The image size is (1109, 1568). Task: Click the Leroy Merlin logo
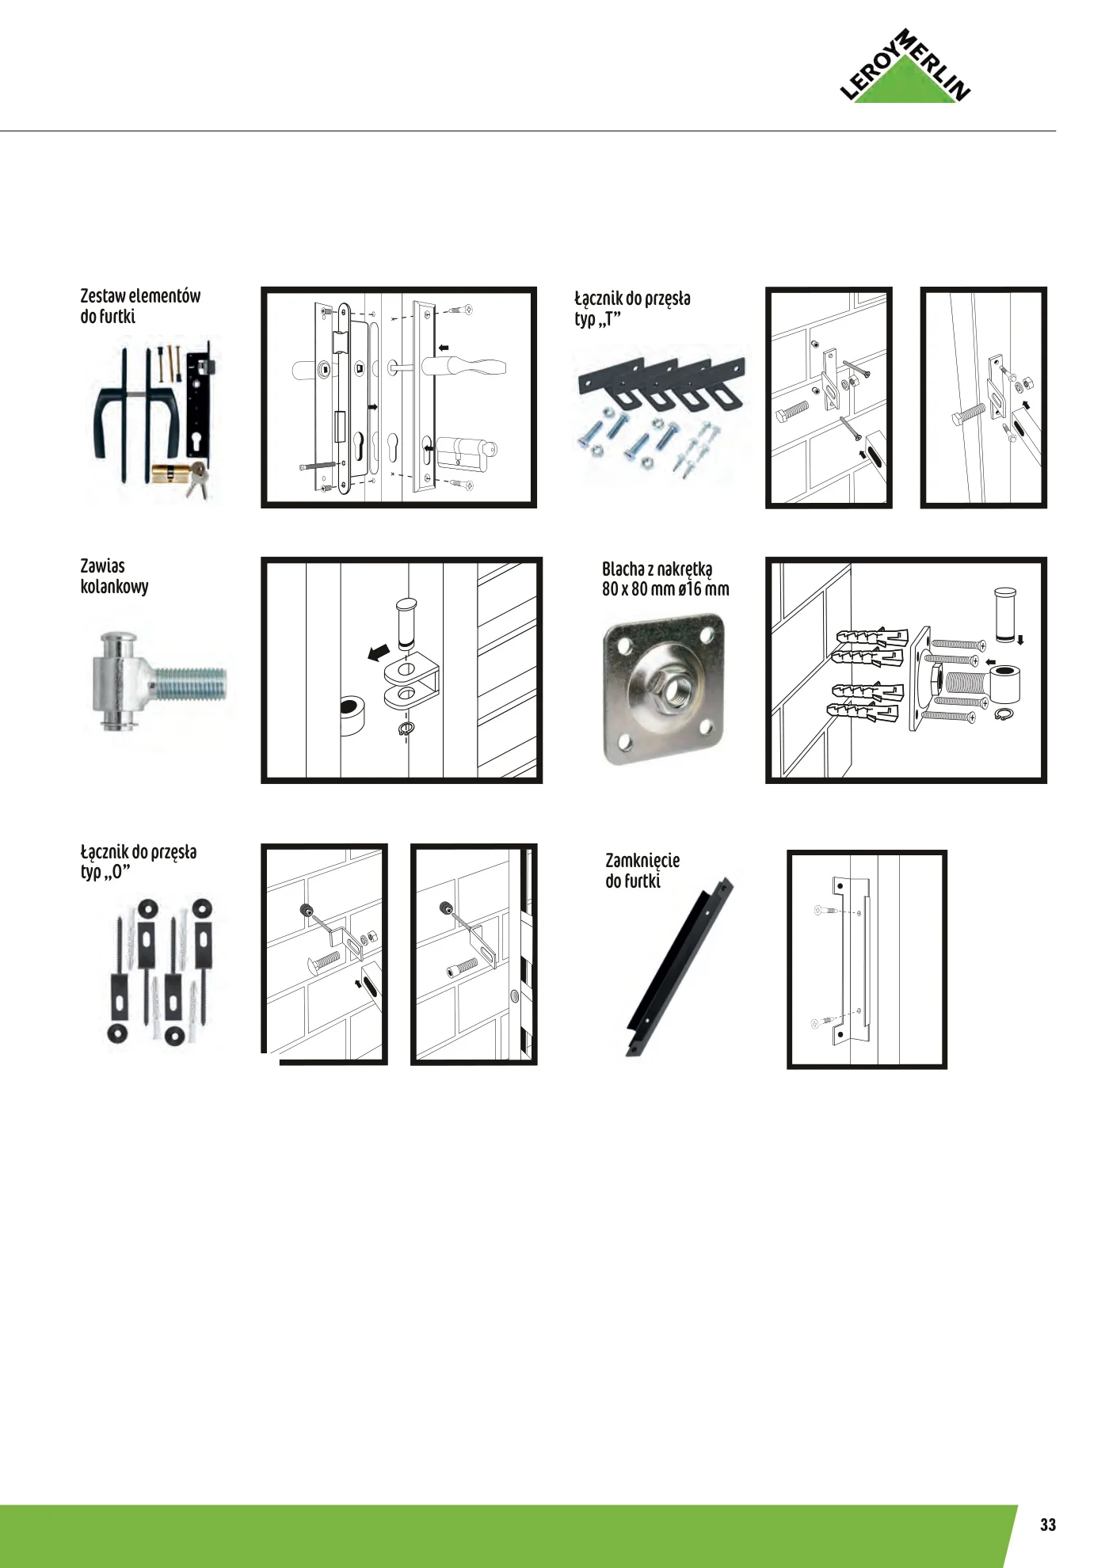click(x=905, y=67)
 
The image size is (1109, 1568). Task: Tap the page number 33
click(x=1048, y=1524)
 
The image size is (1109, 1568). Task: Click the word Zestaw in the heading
click(x=103, y=296)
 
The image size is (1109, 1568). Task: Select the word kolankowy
click(x=114, y=587)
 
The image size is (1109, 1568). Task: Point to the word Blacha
click(x=623, y=569)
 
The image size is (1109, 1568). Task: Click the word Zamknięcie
click(x=642, y=862)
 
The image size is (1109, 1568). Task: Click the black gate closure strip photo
click(x=680, y=966)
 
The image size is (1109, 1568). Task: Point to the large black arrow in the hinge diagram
click(x=379, y=653)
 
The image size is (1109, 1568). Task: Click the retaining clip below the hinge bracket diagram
click(x=405, y=729)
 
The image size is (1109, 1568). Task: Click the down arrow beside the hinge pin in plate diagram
click(x=1021, y=640)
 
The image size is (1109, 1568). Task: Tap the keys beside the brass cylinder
click(x=199, y=480)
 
